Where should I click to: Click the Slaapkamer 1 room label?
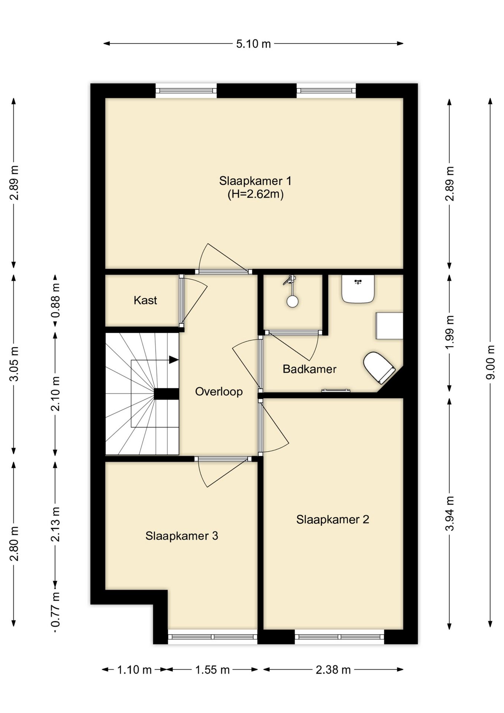[x=255, y=181]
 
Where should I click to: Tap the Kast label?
[x=145, y=300]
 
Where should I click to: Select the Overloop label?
[x=219, y=391]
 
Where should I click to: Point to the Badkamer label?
[x=309, y=369]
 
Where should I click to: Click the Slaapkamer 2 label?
[x=333, y=519]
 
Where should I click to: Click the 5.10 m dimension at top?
[x=253, y=44]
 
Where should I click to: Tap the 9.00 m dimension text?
[x=491, y=362]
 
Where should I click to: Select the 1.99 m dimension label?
[x=449, y=332]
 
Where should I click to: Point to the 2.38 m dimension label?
[x=333, y=670]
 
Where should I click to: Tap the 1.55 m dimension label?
[x=212, y=670]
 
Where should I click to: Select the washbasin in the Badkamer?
[x=358, y=289]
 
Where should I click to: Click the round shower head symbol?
[x=292, y=302]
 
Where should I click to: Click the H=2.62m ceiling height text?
[x=255, y=194]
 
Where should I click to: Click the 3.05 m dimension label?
[x=14, y=364]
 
